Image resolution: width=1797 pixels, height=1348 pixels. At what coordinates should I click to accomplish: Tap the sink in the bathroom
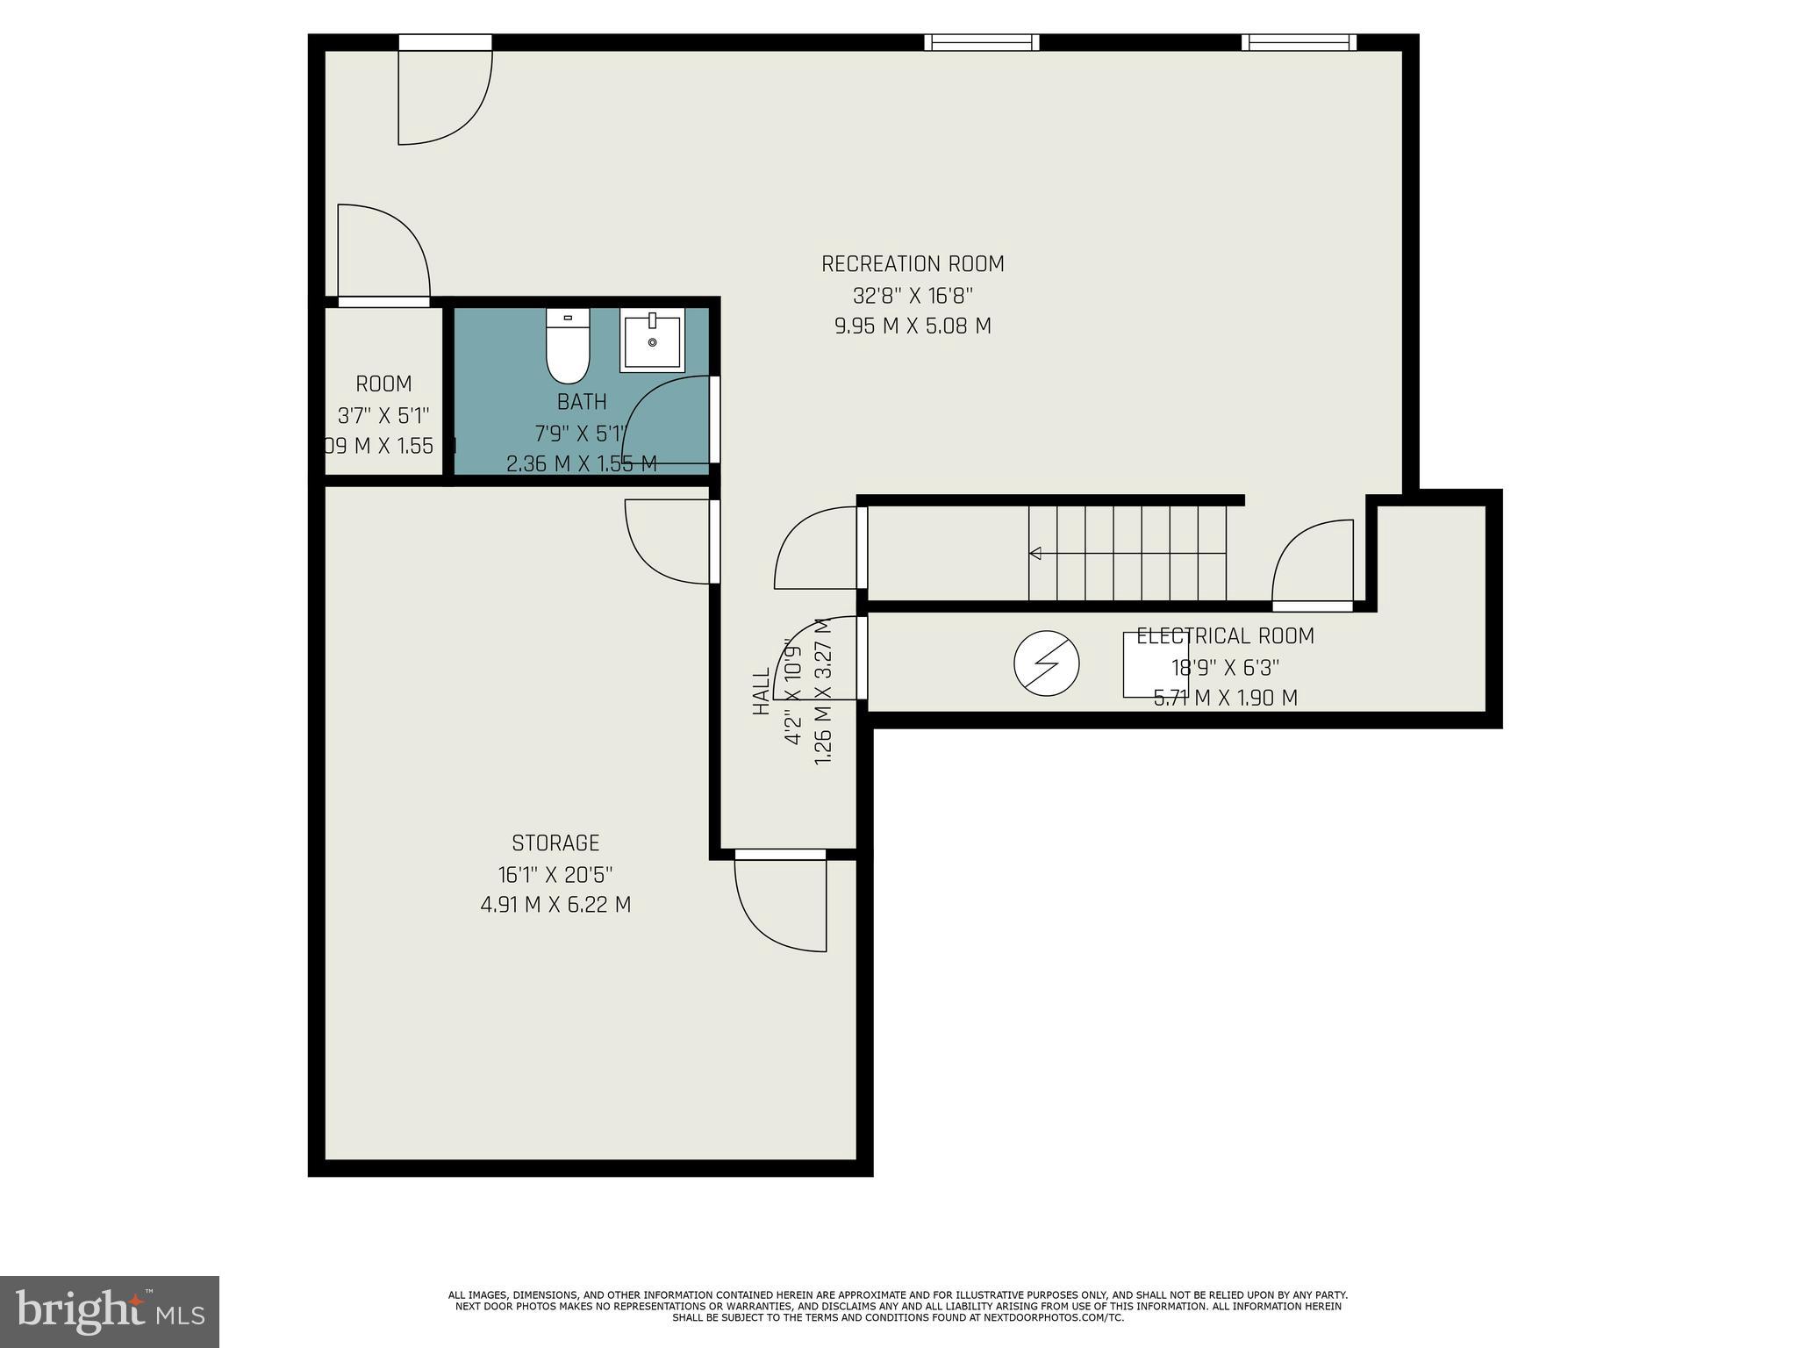tap(652, 341)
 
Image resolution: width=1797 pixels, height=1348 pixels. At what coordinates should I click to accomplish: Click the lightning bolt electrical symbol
tap(1046, 663)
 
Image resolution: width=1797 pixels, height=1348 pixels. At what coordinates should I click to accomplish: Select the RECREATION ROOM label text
tap(913, 263)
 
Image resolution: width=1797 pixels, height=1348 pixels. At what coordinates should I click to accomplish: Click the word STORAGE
tap(555, 843)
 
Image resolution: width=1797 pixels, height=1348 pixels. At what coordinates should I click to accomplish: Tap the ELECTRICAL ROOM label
tap(1225, 636)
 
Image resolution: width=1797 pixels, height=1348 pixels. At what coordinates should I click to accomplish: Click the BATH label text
tap(582, 402)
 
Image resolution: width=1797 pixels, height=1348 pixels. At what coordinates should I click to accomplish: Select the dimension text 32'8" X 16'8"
tap(913, 295)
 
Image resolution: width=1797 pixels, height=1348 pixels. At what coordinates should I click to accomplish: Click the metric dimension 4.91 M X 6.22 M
tap(555, 905)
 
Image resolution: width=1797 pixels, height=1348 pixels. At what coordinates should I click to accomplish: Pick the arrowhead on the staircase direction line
tap(1035, 554)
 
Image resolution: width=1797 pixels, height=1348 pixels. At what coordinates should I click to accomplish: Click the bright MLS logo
tap(109, 1311)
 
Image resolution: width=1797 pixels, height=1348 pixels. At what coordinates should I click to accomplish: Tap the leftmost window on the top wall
tap(982, 42)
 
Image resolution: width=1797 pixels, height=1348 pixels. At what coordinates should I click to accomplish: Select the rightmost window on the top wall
tap(1299, 42)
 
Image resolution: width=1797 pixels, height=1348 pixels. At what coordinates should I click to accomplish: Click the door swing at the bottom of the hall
tap(781, 904)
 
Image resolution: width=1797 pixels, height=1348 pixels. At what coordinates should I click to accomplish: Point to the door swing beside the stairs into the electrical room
tap(1312, 562)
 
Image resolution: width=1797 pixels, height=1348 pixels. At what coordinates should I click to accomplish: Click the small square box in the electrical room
tap(1156, 665)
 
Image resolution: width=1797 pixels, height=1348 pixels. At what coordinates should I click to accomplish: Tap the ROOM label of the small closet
tap(383, 384)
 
